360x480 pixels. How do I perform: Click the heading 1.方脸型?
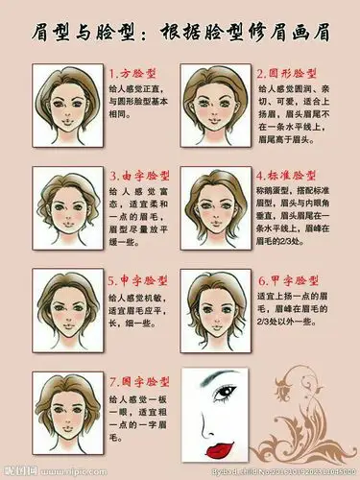pyautogui.click(x=136, y=72)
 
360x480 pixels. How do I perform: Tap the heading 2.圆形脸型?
pyautogui.click(x=294, y=72)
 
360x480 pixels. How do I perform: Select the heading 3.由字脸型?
pyautogui.click(x=140, y=177)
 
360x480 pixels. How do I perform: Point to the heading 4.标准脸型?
pyautogui.click(x=294, y=177)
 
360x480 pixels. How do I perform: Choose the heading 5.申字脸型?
pyautogui.click(x=140, y=280)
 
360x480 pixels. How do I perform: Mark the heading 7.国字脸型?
pyautogui.click(x=140, y=382)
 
